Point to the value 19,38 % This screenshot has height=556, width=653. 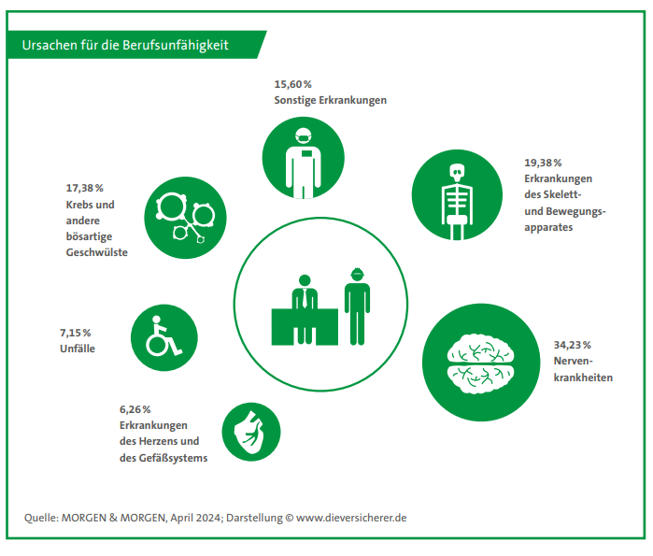tap(543, 162)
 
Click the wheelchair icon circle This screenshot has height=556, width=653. tap(163, 337)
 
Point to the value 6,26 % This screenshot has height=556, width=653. tap(135, 408)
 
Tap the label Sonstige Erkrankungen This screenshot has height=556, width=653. tap(330, 100)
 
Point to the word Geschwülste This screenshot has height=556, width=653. tap(96, 252)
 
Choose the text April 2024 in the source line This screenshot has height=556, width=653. tap(194, 517)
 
